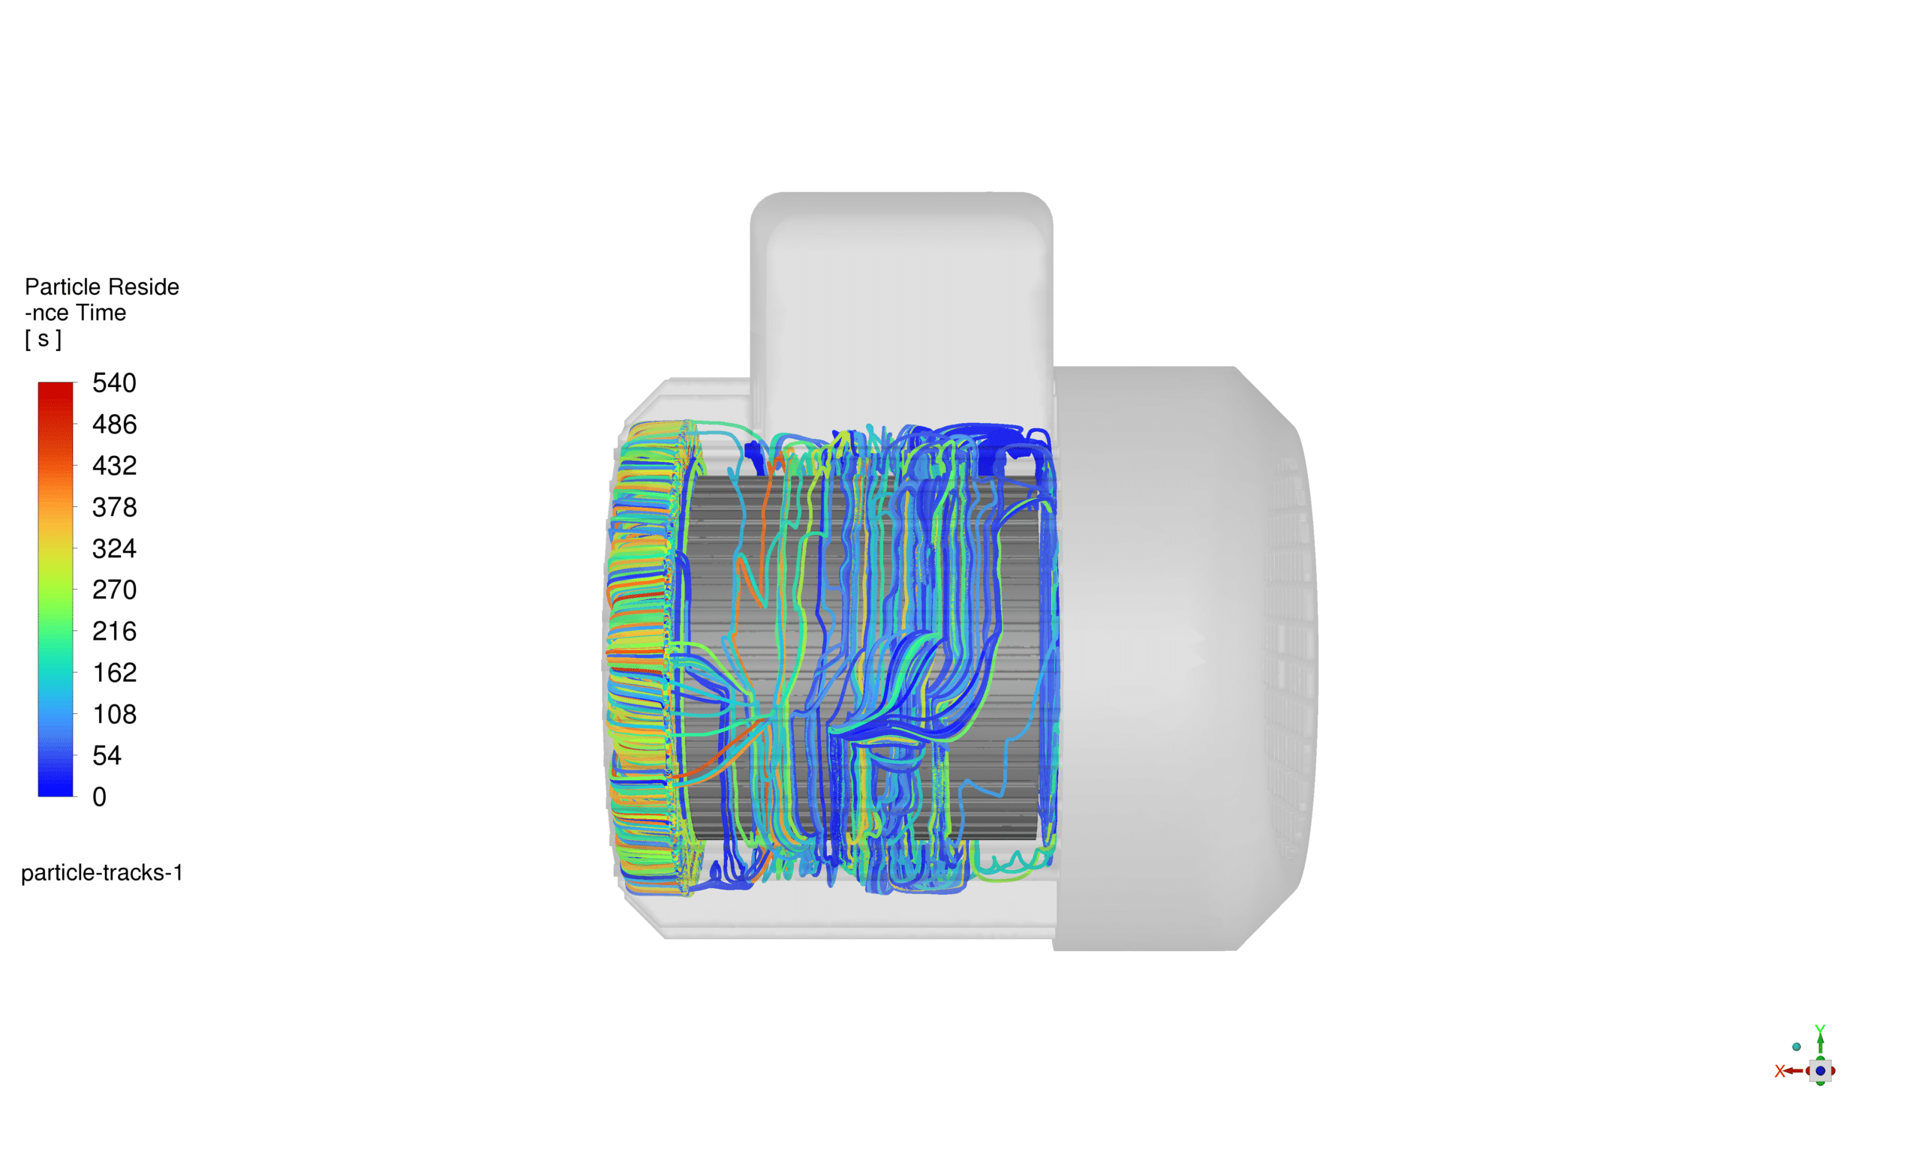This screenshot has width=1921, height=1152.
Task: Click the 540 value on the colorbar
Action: (x=114, y=382)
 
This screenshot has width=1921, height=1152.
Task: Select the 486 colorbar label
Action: (x=114, y=424)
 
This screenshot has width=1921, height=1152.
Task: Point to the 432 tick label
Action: (x=114, y=465)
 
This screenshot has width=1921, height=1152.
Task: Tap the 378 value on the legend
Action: (x=114, y=507)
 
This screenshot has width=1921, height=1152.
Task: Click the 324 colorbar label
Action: (x=114, y=548)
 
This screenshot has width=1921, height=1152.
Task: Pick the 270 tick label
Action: (x=114, y=589)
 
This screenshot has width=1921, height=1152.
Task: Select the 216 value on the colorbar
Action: (x=114, y=631)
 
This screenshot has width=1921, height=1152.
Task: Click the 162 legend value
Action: (x=114, y=672)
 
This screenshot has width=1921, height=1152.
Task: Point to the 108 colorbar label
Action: (x=114, y=713)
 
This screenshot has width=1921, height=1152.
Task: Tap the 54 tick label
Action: (x=107, y=755)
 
